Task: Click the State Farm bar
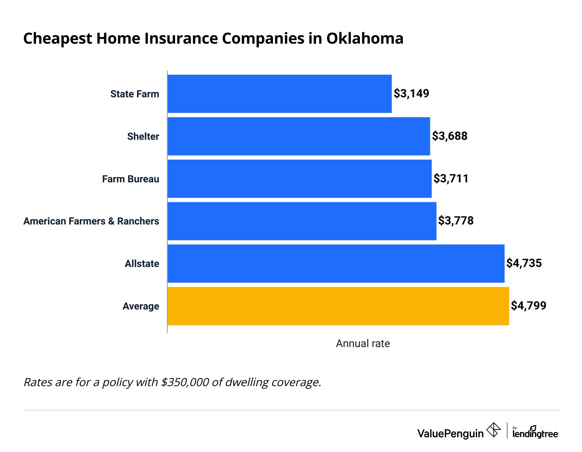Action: [280, 94]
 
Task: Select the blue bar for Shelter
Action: [299, 136]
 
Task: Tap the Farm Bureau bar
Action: [299, 179]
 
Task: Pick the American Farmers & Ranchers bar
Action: [302, 221]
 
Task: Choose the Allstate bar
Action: [336, 264]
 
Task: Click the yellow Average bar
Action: [338, 306]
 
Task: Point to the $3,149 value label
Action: [412, 93]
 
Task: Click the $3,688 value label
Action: [450, 136]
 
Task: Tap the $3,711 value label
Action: [451, 179]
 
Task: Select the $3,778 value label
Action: [456, 221]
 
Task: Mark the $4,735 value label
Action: [524, 263]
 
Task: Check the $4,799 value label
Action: [529, 306]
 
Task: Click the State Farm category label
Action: [134, 94]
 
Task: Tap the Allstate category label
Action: [142, 264]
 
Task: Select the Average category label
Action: [141, 306]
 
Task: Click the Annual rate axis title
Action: [363, 344]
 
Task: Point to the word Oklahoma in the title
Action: [365, 39]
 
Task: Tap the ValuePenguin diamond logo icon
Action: [493, 430]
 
